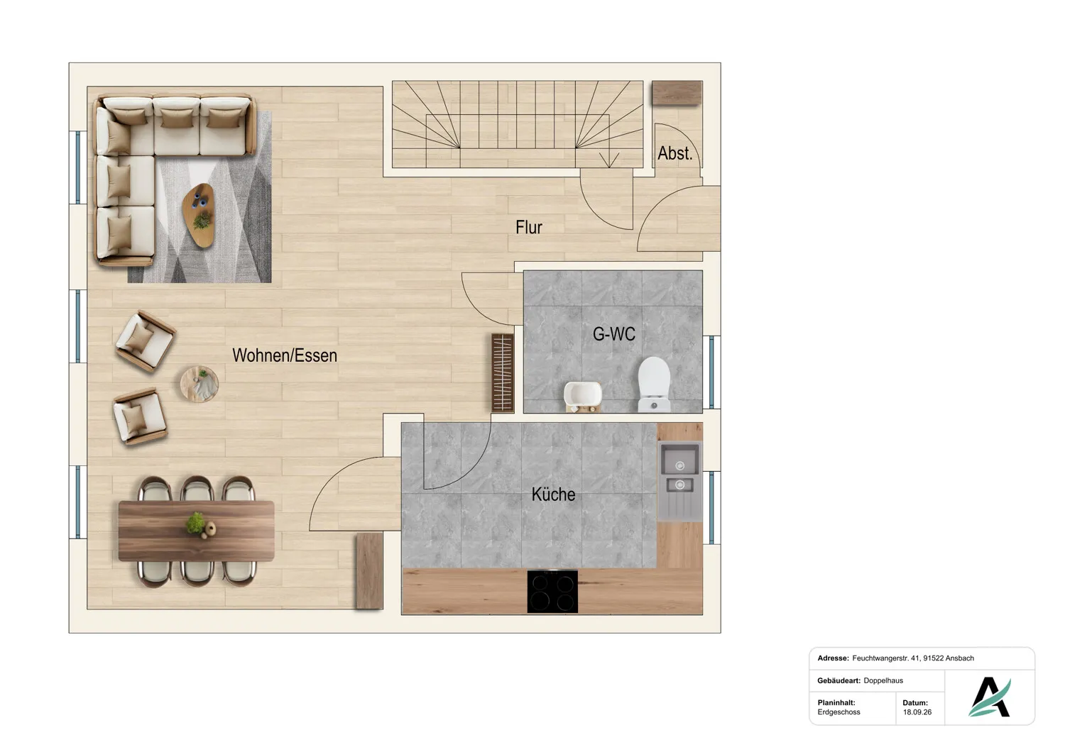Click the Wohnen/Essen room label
pyautogui.click(x=284, y=355)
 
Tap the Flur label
pyautogui.click(x=529, y=227)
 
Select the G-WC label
pyautogui.click(x=614, y=334)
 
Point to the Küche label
pyautogui.click(x=553, y=494)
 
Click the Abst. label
pyautogui.click(x=674, y=153)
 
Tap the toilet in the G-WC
pyautogui.click(x=654, y=385)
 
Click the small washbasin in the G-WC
pyautogui.click(x=583, y=396)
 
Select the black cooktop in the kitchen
pyautogui.click(x=552, y=592)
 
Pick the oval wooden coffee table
pyautogui.click(x=198, y=215)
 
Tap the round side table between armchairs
pyautogui.click(x=200, y=384)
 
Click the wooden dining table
pyautogui.click(x=197, y=531)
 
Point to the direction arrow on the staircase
pyautogui.click(x=609, y=160)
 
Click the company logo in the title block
pyautogui.click(x=990, y=697)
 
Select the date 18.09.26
pyautogui.click(x=917, y=712)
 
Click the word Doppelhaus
pyautogui.click(x=883, y=680)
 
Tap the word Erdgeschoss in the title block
pyautogui.click(x=839, y=712)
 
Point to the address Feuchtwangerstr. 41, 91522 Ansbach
pyautogui.click(x=913, y=658)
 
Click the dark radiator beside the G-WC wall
pyautogui.click(x=503, y=373)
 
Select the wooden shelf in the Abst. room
pyautogui.click(x=677, y=93)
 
